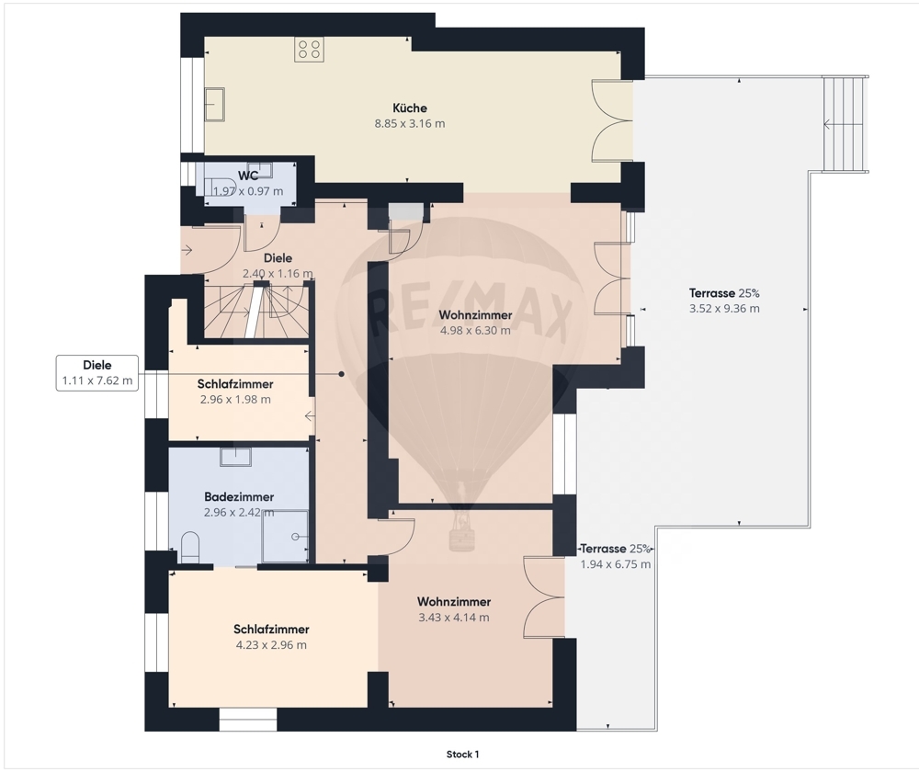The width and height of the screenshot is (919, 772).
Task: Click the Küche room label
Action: (410, 108)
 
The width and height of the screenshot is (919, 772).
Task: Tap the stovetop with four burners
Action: (309, 50)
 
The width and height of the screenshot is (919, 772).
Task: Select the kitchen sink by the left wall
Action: (214, 105)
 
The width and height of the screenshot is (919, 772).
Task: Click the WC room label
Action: (248, 176)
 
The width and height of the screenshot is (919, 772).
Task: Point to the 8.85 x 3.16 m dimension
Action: (410, 124)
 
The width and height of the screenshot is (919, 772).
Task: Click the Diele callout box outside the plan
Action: (97, 373)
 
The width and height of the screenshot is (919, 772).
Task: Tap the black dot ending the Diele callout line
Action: (341, 374)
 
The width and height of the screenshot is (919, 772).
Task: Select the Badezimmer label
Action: (239, 496)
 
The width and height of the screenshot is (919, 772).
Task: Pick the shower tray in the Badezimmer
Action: (285, 537)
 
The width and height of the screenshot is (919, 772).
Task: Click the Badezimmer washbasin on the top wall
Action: (235, 457)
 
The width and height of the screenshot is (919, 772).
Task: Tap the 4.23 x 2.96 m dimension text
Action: (271, 645)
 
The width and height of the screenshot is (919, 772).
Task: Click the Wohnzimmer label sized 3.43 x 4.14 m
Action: (454, 601)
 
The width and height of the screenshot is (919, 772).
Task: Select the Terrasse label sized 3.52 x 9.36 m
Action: (724, 293)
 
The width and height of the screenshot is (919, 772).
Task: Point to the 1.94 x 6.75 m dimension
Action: (616, 564)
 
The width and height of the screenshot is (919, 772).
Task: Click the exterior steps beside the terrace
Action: (845, 124)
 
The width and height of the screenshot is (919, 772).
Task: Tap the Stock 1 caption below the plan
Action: (462, 755)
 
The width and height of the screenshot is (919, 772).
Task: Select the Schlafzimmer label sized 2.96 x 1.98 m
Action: (235, 384)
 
